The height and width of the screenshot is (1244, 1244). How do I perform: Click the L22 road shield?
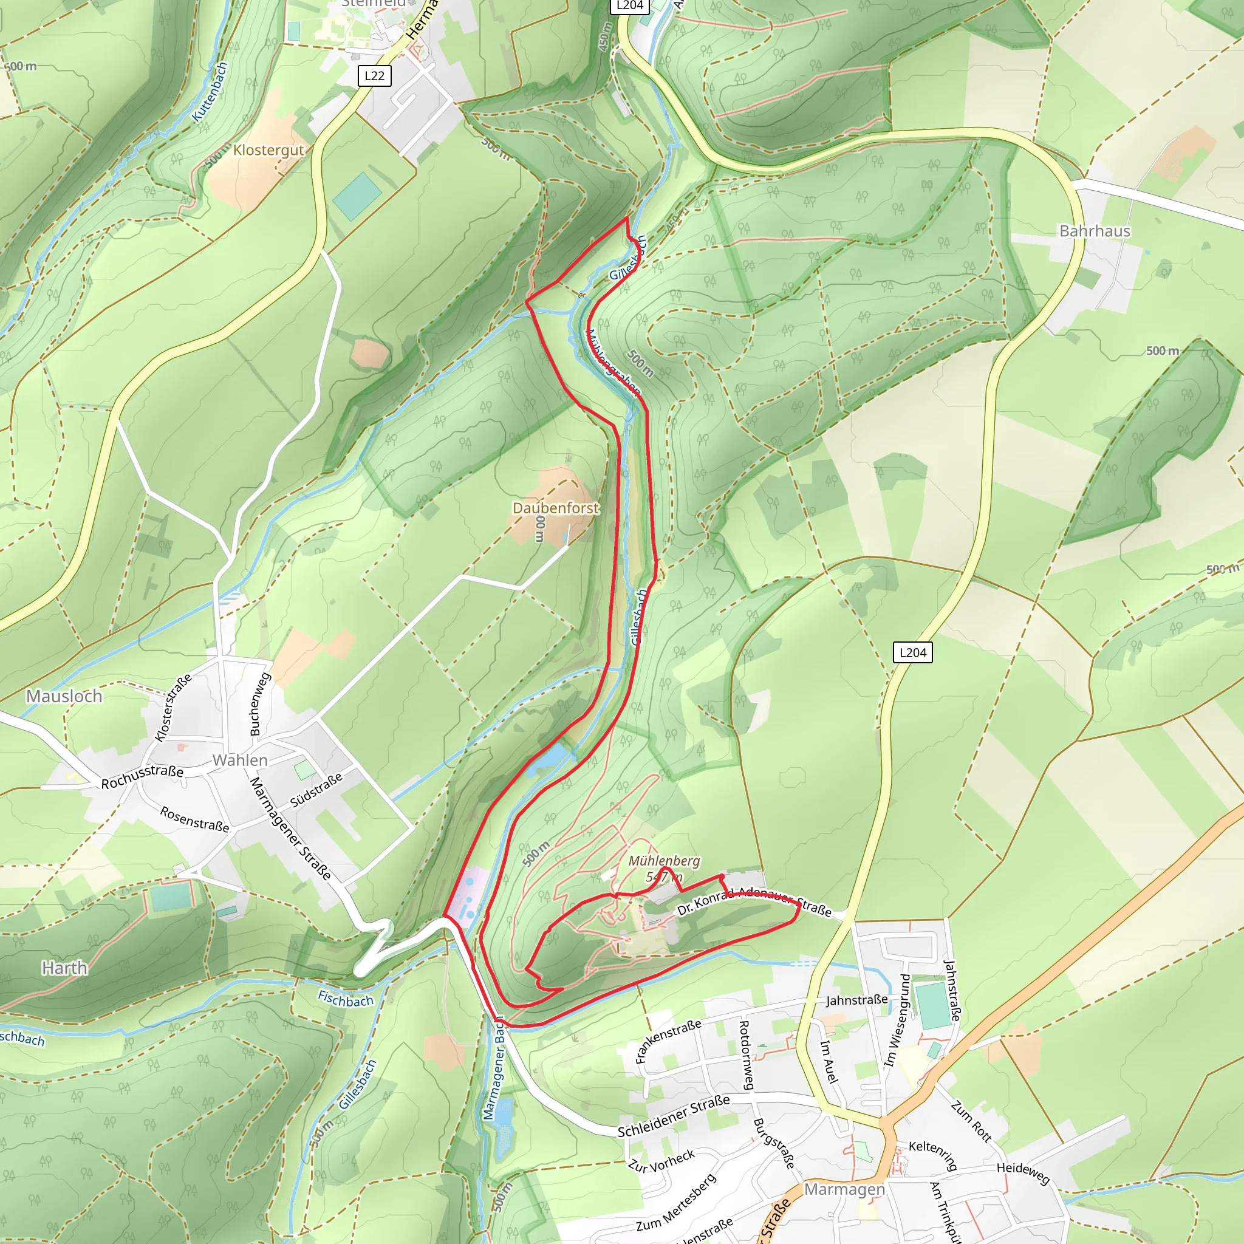[374, 76]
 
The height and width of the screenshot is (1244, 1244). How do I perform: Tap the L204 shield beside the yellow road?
[912, 652]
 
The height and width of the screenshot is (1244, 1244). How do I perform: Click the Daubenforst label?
[555, 508]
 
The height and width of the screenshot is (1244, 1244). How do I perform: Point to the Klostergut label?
[268, 150]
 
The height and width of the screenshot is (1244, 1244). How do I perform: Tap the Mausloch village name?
[64, 696]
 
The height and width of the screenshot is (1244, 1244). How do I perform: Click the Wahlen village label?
[240, 760]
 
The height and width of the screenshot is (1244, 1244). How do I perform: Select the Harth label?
[64, 968]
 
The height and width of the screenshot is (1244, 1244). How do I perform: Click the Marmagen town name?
[844, 1189]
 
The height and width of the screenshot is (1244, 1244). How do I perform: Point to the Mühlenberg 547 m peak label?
[664, 868]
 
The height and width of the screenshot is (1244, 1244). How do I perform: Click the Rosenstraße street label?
[194, 819]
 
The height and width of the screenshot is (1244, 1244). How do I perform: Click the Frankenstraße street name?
[667, 1041]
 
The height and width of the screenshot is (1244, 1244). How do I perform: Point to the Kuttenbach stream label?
[211, 92]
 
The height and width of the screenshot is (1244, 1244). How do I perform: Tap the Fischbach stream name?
[346, 999]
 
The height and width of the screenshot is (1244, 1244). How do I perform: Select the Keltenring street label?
[933, 1155]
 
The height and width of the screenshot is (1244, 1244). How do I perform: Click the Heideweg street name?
[1022, 1172]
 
